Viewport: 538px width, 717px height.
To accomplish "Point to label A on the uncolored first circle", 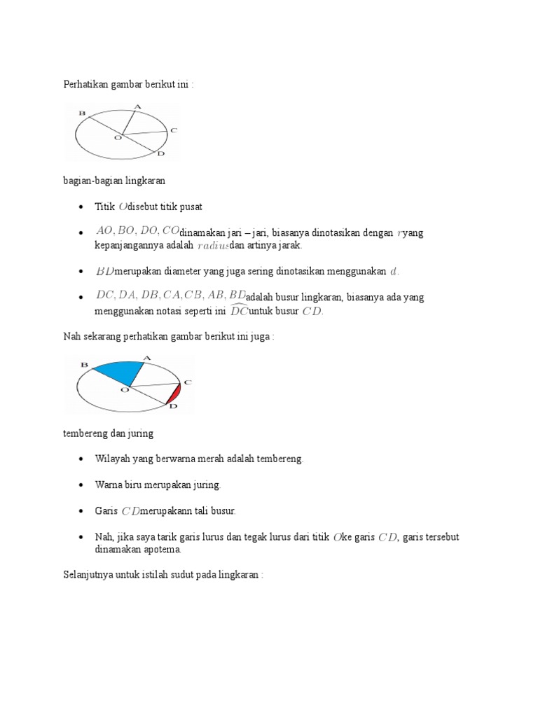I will (137, 106).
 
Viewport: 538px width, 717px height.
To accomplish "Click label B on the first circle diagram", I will (83, 113).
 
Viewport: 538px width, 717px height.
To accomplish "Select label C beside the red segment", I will (187, 382).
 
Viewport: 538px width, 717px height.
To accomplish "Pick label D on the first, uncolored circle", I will (160, 153).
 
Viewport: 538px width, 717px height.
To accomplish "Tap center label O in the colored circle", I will (124, 390).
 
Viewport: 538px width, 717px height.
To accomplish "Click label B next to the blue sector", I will (84, 365).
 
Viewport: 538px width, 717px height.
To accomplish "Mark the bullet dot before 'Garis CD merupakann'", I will (82, 511).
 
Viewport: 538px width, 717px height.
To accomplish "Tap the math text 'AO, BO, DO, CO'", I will (137, 232).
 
